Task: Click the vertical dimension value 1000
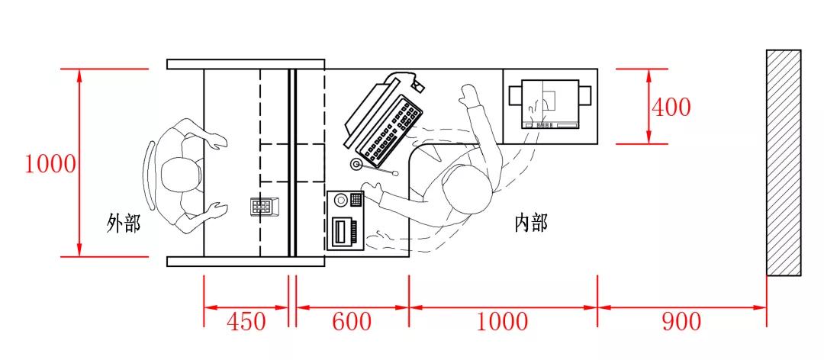click(x=50, y=164)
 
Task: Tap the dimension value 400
click(x=671, y=107)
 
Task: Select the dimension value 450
click(x=246, y=321)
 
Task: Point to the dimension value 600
click(x=352, y=321)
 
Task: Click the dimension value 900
click(x=681, y=321)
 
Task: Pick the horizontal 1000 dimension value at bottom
click(x=502, y=321)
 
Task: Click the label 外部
click(x=124, y=223)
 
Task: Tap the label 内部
click(x=531, y=223)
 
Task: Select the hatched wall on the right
click(x=784, y=162)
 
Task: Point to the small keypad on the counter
click(x=263, y=206)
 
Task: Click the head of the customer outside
click(x=179, y=178)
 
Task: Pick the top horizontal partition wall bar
click(x=246, y=64)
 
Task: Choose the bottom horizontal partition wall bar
click(x=246, y=262)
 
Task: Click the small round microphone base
click(x=357, y=165)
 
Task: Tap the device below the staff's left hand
click(x=346, y=220)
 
